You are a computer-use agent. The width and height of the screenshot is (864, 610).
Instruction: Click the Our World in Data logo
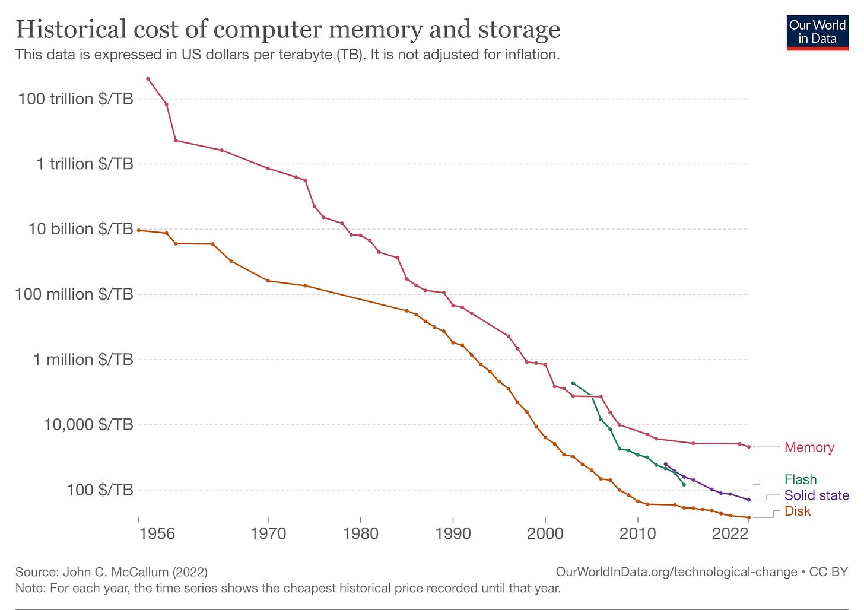coord(817,32)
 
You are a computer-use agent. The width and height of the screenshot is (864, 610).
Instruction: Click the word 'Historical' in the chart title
coord(63,28)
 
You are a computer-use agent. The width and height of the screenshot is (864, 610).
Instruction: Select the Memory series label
coord(809,447)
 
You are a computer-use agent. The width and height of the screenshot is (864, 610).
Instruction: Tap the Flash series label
coord(800,479)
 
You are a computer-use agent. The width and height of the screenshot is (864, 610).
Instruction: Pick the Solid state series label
coord(816,495)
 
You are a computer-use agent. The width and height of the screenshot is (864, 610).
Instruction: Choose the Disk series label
coord(797,511)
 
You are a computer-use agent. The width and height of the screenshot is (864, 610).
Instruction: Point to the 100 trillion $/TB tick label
coord(75,99)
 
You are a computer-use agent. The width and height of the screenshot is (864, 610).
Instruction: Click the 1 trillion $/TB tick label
coord(84,164)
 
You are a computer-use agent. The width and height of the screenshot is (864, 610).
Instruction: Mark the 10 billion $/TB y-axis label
coord(80,229)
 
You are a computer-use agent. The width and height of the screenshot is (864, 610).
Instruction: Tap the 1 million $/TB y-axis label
coord(82,360)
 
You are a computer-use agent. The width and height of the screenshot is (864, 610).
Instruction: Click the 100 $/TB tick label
coord(100,490)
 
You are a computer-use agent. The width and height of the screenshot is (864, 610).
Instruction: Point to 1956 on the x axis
coord(157,533)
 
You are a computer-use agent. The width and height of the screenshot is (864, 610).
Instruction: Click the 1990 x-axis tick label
coord(453,533)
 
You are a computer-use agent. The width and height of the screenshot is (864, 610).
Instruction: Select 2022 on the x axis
coord(729,533)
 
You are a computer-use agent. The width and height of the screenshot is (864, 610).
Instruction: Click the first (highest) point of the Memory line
coord(148,79)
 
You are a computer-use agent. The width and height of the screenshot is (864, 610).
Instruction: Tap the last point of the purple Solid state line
coord(749,500)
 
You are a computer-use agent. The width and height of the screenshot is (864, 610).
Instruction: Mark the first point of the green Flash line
coord(573,383)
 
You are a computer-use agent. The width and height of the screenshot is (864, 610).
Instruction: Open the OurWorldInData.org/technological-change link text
coord(676,572)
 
